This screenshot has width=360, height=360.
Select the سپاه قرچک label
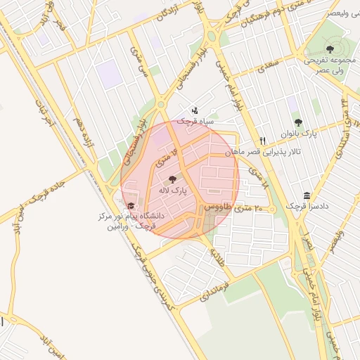pyautogui.click(x=194, y=122)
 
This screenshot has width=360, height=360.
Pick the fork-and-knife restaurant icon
pyautogui.click(x=262, y=140)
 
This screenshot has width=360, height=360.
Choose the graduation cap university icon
pyautogui.click(x=131, y=205)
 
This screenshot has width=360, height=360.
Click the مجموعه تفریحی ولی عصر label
pyautogui.click(x=330, y=65)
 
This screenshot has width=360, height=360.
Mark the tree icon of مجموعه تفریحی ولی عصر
pyautogui.click(x=330, y=49)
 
